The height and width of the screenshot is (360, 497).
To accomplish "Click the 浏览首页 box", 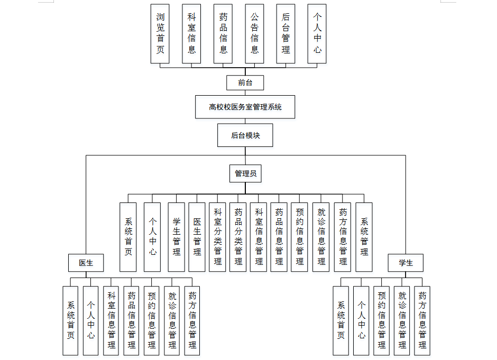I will [160, 34].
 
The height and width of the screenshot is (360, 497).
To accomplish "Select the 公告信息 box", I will [254, 34].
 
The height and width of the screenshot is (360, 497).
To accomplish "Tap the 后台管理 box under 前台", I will [286, 34].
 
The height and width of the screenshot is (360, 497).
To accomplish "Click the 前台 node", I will [245, 82].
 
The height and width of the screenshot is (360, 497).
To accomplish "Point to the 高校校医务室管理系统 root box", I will [245, 107].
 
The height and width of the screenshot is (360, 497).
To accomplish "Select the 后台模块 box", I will [245, 135].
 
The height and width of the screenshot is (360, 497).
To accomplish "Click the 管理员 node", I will [245, 173].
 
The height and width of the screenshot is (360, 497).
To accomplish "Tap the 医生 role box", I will [86, 263].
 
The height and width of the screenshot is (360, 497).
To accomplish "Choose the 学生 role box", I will [406, 263].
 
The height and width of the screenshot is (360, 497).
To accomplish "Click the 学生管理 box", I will [176, 237].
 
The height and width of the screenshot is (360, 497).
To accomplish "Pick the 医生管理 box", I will [197, 237].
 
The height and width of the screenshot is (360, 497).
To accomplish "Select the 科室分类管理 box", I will [217, 237].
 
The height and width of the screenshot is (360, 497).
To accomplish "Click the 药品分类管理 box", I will [238, 237].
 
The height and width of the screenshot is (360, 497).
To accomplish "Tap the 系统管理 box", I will [364, 237].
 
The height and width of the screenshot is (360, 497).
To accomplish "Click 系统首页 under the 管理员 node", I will [128, 237].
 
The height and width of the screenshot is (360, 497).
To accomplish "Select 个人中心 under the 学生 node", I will [361, 320].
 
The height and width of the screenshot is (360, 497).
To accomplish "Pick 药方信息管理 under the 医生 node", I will [192, 320].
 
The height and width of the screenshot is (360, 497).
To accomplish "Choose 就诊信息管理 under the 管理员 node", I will [321, 237].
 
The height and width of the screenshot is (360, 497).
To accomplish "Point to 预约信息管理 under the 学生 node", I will [382, 320].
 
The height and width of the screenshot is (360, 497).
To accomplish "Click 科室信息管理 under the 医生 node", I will [111, 320].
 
